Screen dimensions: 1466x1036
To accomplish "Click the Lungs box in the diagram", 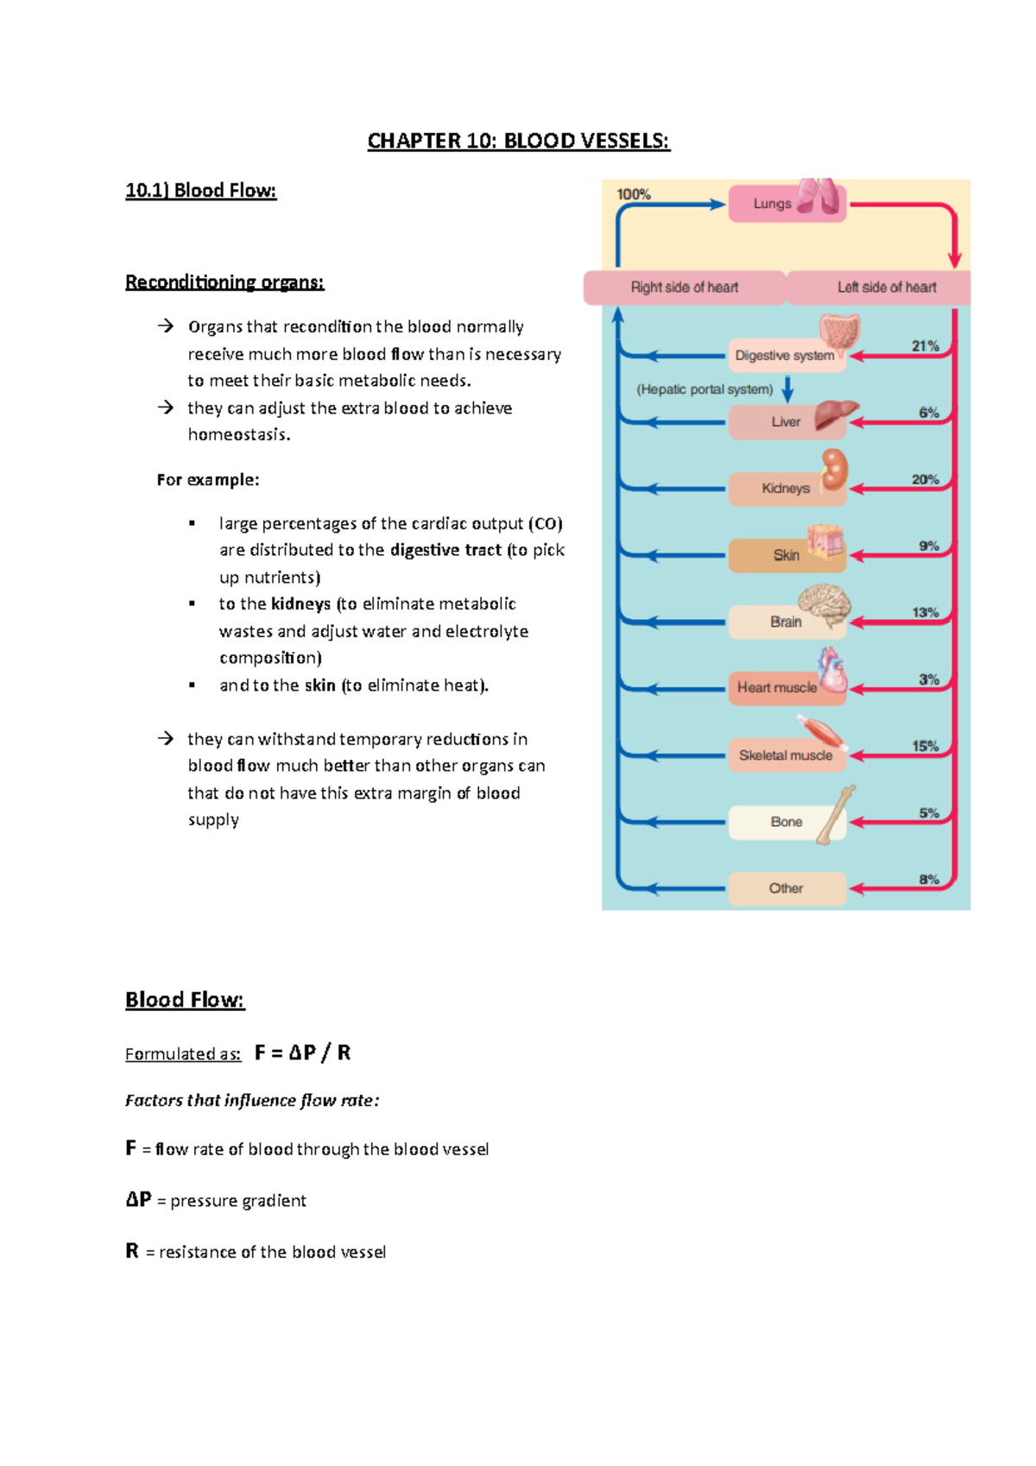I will [773, 205].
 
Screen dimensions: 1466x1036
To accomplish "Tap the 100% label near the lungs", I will [634, 195].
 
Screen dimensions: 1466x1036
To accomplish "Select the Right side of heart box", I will [684, 288].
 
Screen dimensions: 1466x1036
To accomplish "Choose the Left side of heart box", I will [886, 288].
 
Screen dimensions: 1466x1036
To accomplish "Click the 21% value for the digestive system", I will [925, 346].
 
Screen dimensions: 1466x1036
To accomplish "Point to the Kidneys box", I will [785, 489].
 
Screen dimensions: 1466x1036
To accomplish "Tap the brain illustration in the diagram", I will [824, 602].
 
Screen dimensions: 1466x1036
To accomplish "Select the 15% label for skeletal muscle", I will [925, 746].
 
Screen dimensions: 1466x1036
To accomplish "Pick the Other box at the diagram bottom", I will [786, 888].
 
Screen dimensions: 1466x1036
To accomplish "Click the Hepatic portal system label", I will [704, 389].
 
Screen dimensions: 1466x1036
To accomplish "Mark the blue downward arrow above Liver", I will [787, 389].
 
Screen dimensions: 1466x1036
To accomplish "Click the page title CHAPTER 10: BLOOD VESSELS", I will [518, 141].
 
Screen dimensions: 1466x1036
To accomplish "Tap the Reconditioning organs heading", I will [224, 282].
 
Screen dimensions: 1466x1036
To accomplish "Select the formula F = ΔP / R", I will [302, 1052].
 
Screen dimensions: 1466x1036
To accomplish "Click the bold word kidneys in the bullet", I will [300, 603].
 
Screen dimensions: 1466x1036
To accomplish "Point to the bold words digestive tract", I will [445, 550].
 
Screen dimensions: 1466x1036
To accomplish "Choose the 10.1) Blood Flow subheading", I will [200, 191].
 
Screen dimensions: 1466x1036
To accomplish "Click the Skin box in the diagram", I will [785, 555].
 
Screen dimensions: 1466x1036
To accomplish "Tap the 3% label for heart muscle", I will [928, 679].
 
